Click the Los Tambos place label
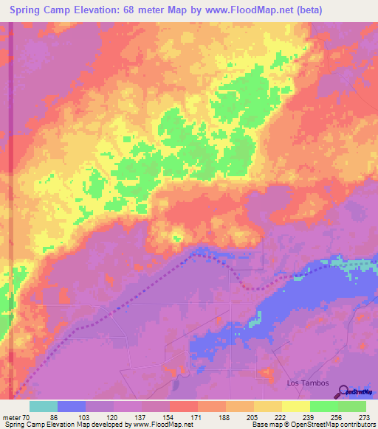(x=305, y=383)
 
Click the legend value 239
(x=309, y=417)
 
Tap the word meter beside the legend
(x=14, y=417)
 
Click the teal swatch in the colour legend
(x=44, y=406)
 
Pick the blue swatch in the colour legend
(x=72, y=406)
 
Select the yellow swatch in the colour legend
(x=268, y=406)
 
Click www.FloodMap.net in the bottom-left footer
(x=158, y=425)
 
